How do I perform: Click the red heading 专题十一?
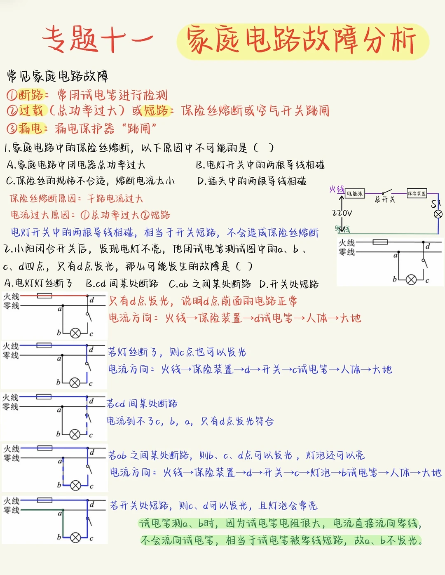98,39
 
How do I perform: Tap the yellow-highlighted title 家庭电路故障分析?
302,40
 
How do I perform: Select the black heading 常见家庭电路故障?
58,76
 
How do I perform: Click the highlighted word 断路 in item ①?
31,95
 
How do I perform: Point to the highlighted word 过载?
31,110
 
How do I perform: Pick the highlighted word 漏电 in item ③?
30,128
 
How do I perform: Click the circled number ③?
11,129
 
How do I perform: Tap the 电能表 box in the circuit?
355,193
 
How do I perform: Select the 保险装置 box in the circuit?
417,193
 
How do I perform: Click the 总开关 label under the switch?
385,200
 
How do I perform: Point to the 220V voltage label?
342,213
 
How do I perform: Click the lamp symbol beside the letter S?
438,214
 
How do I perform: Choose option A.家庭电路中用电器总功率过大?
76,165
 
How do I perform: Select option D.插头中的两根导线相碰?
252,181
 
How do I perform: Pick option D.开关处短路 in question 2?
289,284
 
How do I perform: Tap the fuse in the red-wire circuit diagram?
44,296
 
